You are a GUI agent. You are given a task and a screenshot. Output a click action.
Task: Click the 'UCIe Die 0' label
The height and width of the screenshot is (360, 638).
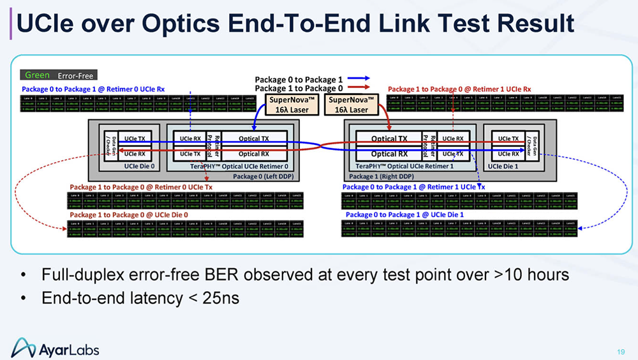pyautogui.click(x=140, y=166)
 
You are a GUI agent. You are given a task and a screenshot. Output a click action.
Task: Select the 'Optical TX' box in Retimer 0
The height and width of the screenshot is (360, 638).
pyautogui.click(x=253, y=138)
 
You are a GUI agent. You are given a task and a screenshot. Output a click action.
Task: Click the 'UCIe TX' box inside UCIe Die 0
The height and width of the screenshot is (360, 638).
pyautogui.click(x=134, y=138)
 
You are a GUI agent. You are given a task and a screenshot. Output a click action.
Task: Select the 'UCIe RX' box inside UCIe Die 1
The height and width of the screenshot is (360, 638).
pyautogui.click(x=508, y=154)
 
